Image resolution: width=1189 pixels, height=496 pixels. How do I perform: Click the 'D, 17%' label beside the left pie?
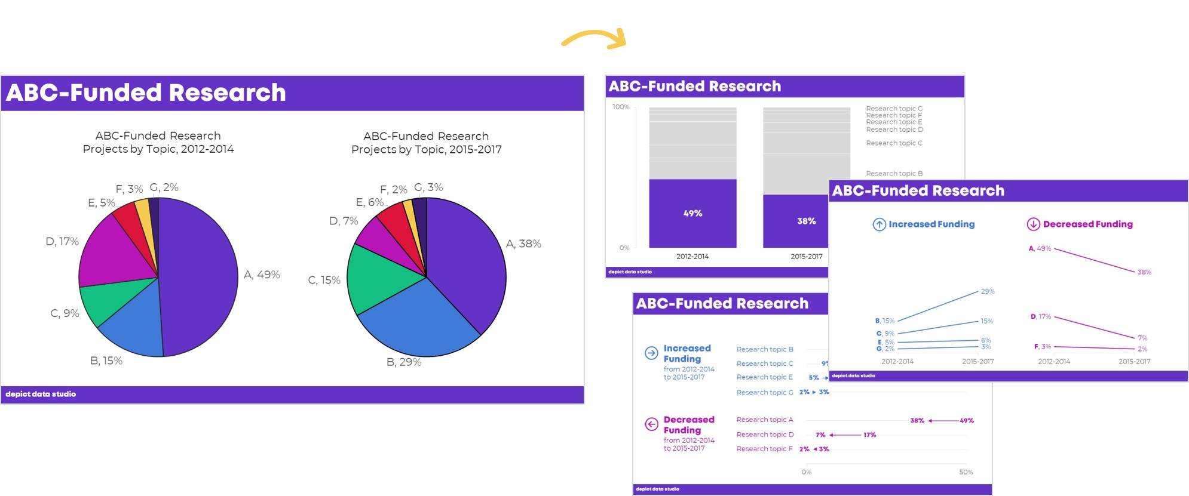coord(62,242)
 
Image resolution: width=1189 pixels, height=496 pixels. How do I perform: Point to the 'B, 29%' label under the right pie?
coord(404,362)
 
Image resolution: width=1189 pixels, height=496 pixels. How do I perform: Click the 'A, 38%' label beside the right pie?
coord(523,244)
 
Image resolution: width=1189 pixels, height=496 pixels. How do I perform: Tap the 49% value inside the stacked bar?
coord(692,213)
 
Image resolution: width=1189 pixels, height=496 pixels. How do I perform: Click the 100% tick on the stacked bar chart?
coord(621,107)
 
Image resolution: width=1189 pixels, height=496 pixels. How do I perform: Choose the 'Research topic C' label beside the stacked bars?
coord(894,143)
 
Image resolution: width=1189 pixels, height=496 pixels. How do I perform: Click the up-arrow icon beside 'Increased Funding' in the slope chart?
coord(879,224)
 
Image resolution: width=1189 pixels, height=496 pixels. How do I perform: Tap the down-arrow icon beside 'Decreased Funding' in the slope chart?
coord(1033,224)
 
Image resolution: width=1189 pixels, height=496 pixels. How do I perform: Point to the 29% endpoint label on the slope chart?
coord(988,291)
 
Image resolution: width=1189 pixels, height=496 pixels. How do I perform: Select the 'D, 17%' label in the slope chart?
coord(1040,317)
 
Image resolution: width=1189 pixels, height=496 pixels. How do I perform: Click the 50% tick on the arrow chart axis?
coord(966,472)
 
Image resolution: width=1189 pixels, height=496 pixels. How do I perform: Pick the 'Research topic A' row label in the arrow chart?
coord(765,420)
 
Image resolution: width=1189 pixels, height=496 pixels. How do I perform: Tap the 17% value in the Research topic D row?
coord(869,435)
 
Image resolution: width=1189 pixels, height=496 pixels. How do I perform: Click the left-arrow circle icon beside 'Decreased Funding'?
coord(651,424)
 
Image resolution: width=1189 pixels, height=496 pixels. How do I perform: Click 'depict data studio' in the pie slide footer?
coord(41,394)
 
